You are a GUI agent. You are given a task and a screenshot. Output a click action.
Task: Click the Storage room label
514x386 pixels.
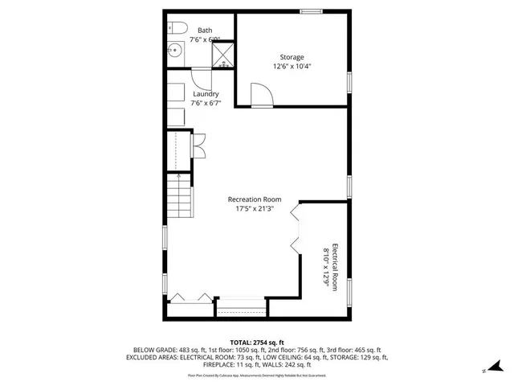tap(292, 57)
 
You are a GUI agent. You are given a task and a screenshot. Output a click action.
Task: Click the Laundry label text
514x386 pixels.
tap(206, 94)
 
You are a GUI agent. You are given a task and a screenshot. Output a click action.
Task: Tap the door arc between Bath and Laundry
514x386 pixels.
tap(201, 78)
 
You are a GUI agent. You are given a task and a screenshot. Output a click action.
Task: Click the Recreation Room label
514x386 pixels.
tap(254, 199)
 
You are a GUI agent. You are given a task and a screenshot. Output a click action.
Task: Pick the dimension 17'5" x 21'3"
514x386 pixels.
tap(254, 209)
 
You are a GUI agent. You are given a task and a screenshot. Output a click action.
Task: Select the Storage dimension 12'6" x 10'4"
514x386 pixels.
tap(292, 67)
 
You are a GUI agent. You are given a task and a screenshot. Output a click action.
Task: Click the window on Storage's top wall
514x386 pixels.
tap(311, 10)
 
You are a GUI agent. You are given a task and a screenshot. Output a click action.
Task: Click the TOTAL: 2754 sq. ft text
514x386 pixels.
tap(257, 343)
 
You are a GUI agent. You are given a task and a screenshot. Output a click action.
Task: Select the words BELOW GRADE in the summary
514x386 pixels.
tap(148, 350)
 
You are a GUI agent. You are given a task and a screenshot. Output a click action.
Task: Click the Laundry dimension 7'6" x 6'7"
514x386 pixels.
tap(206, 103)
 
